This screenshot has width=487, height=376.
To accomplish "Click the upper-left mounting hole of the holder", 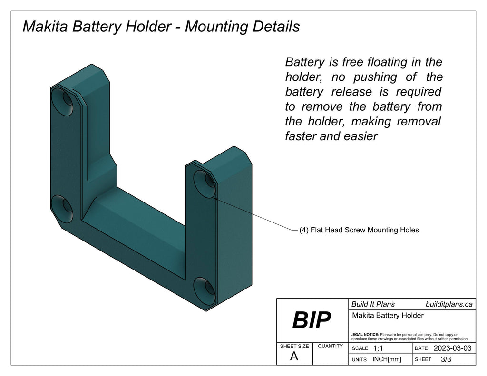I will [x=63, y=101].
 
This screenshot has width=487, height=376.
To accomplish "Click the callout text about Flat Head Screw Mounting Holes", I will [x=359, y=230].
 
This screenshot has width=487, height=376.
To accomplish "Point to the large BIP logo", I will [x=312, y=320].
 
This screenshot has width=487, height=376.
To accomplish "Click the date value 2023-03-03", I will [x=452, y=348].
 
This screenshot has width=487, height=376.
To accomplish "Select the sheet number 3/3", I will [x=446, y=359].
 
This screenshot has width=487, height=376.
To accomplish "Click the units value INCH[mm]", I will [x=387, y=359].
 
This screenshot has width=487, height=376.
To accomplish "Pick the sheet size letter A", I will [x=294, y=357].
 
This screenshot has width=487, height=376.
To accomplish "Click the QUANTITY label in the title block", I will [x=330, y=346].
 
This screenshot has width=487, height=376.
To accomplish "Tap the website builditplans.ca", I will [x=449, y=304].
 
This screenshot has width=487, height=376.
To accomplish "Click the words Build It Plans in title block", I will [x=373, y=304].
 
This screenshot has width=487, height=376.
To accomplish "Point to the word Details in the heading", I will [x=274, y=26].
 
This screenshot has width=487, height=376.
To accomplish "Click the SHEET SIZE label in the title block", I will [x=294, y=346].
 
